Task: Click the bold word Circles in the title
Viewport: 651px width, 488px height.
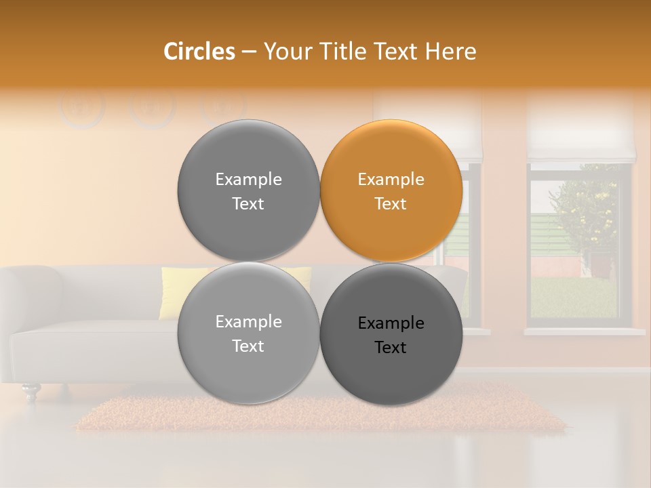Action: [x=199, y=52]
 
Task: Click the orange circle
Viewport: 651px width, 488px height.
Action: [x=391, y=190]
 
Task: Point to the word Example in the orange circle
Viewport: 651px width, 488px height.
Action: [x=391, y=180]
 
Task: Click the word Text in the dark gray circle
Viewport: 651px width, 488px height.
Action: [x=391, y=348]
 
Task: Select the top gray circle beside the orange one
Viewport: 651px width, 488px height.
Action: [x=248, y=190]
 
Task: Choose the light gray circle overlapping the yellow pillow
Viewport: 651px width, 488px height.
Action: [x=248, y=333]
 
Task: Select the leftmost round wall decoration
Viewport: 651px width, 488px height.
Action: [x=82, y=107]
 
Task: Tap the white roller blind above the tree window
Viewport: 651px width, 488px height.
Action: [x=581, y=129]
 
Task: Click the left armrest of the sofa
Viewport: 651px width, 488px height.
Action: [x=31, y=291]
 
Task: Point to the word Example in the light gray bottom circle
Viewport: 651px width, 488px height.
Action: [x=248, y=322]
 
